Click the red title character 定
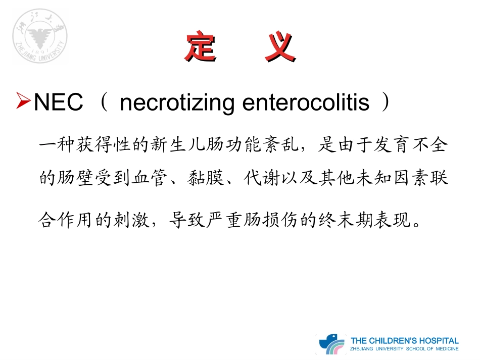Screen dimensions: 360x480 [201, 47]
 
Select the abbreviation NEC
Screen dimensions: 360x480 [58, 103]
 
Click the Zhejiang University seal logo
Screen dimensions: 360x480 [40, 36]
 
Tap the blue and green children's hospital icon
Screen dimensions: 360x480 [331, 344]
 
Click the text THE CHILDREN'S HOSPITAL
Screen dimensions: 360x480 [405, 340]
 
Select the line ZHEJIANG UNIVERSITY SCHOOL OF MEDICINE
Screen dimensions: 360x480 [405, 349]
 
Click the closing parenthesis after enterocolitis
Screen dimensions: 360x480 [386, 103]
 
